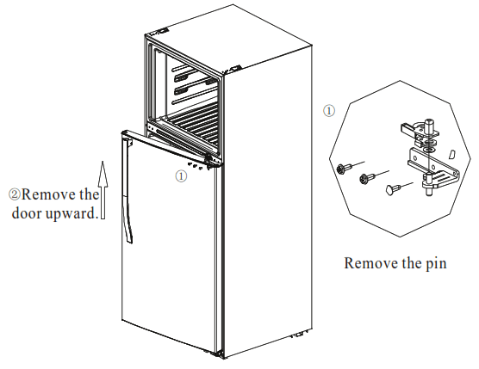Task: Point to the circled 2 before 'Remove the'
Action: (x=14, y=194)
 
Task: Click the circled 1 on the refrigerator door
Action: (x=180, y=175)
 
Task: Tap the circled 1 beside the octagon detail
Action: (x=329, y=111)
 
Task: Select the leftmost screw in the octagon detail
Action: (x=345, y=165)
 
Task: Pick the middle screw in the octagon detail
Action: (x=368, y=178)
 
